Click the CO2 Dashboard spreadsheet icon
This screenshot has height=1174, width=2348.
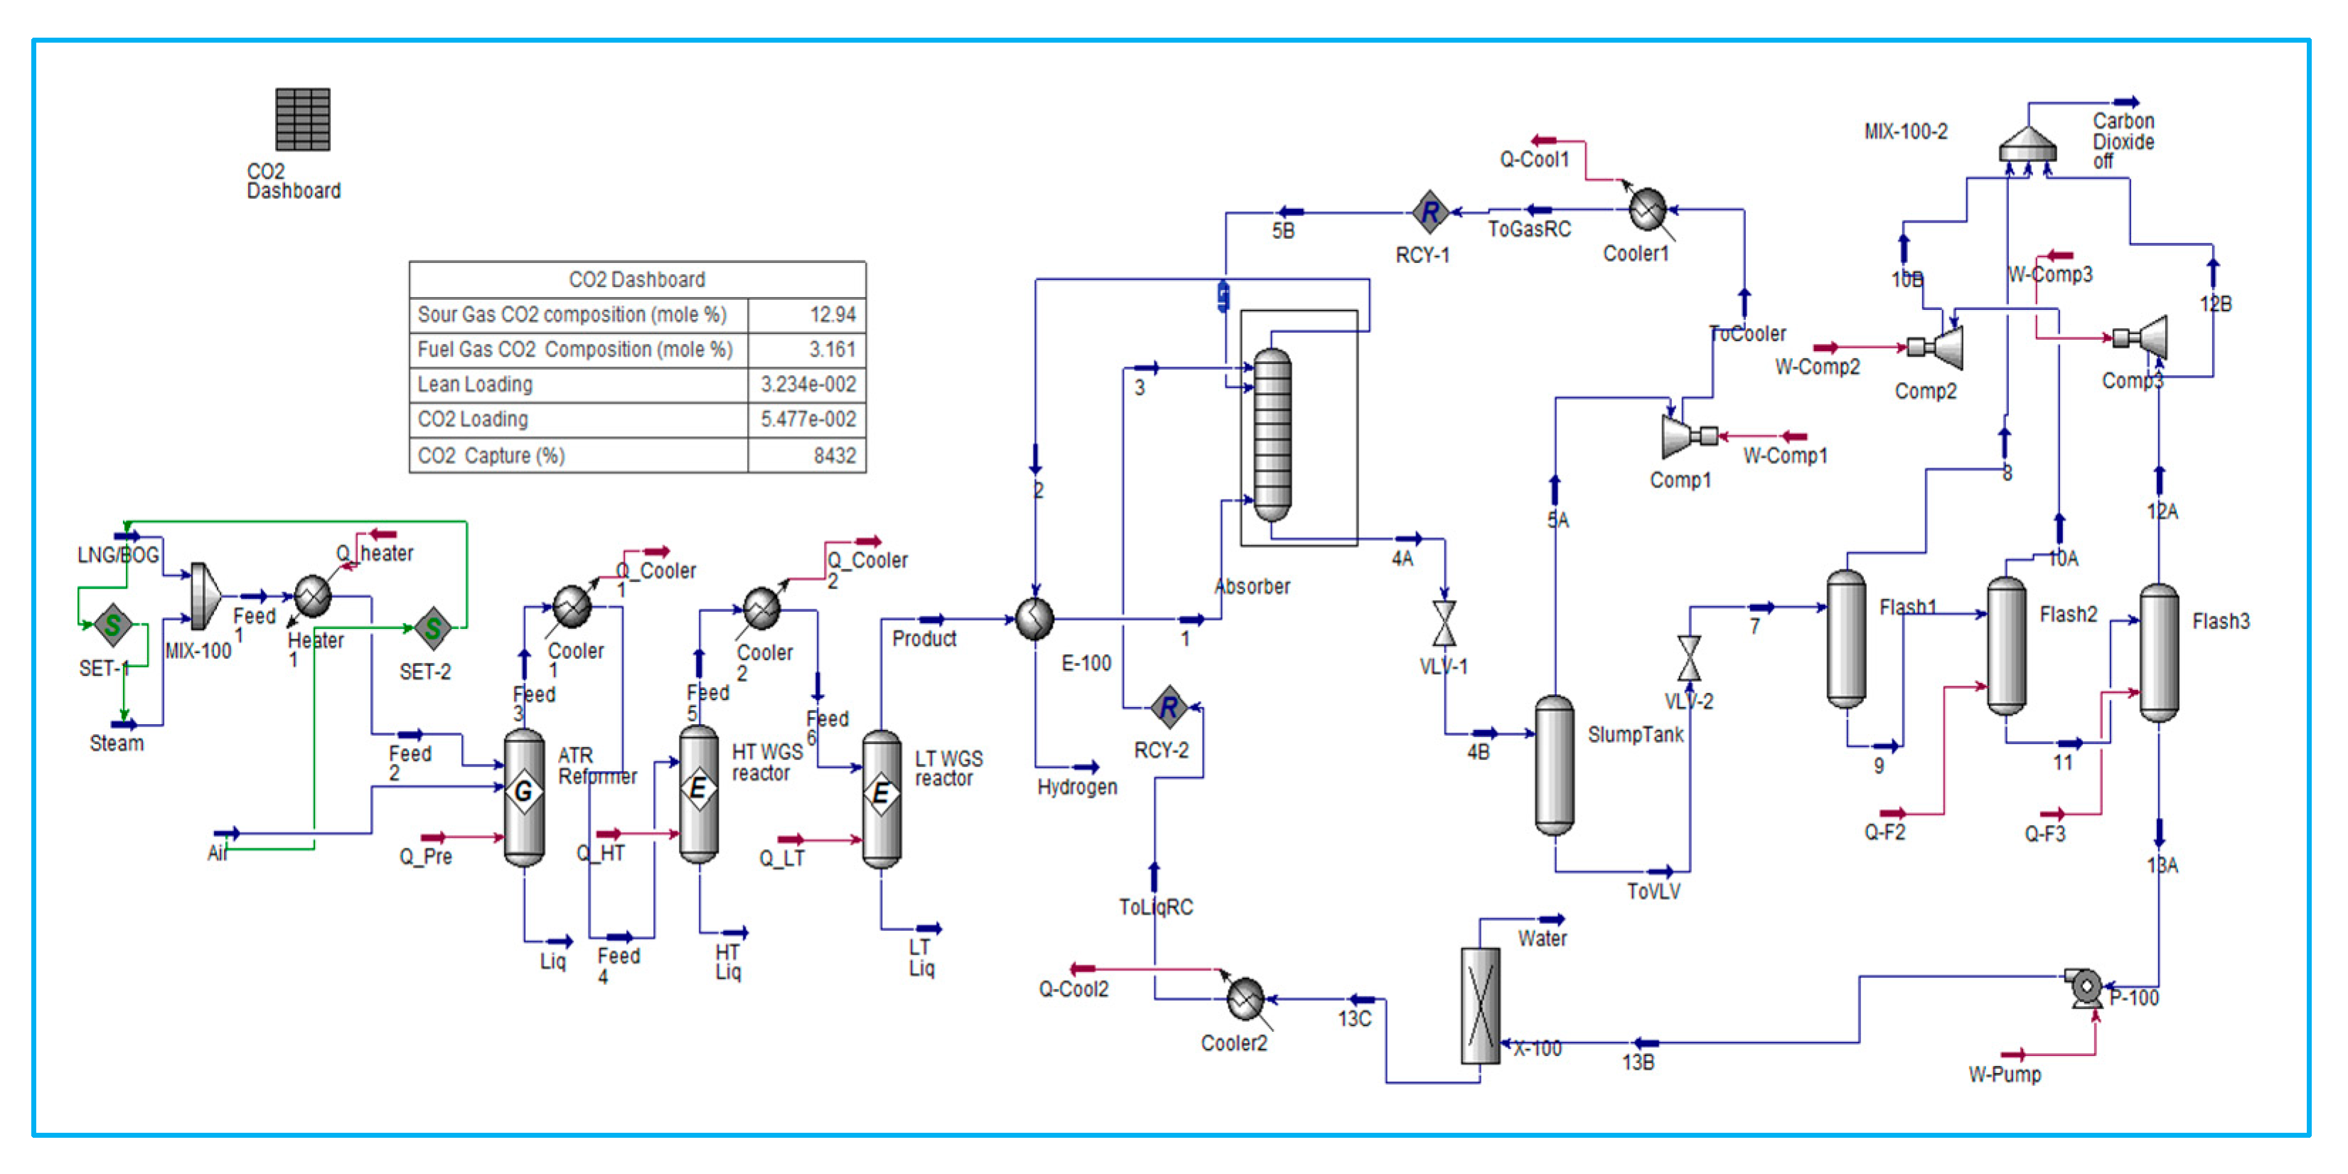(303, 119)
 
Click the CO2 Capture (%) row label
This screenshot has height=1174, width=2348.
(490, 456)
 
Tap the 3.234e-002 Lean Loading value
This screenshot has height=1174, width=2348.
(808, 384)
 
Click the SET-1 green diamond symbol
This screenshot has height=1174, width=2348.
(113, 625)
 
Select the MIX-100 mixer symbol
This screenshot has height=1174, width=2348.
(204, 596)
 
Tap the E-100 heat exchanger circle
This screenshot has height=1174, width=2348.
(1034, 619)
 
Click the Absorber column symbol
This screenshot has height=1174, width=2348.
(1272, 434)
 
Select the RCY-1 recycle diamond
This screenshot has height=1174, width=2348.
(1430, 212)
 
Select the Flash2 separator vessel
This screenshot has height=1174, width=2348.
(2005, 645)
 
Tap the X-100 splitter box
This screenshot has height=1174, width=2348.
(1479, 1006)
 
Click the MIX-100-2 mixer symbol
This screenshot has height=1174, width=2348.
(2027, 144)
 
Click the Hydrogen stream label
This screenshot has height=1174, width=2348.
(1076, 787)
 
